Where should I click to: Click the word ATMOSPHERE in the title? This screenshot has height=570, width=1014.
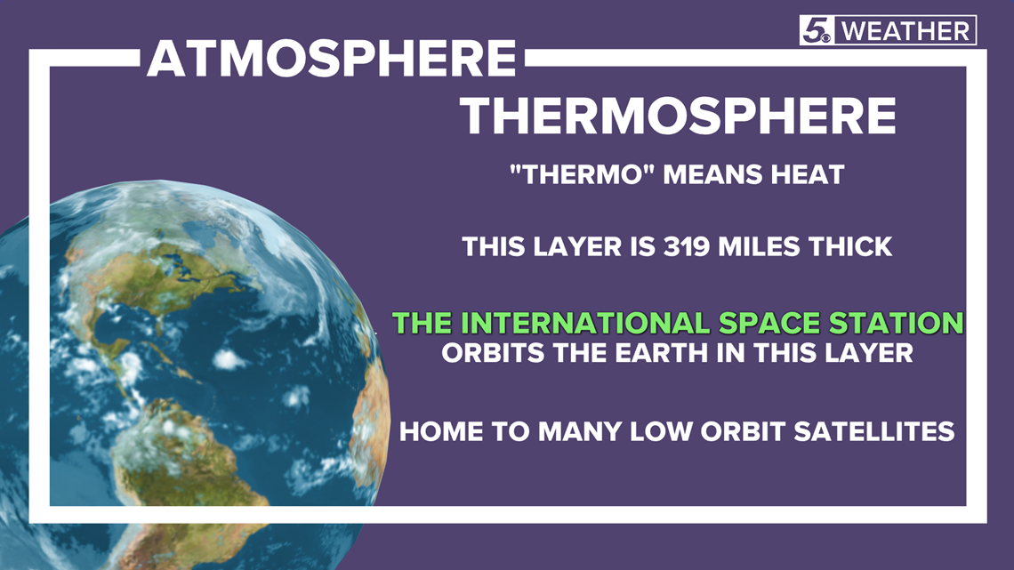331,58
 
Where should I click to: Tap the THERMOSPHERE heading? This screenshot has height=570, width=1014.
678,116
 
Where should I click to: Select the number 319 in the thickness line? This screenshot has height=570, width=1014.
687,247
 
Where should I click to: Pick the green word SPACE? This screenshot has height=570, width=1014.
770,323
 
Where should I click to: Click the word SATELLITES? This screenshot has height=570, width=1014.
873,431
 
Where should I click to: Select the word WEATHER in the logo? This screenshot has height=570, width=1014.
905,31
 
